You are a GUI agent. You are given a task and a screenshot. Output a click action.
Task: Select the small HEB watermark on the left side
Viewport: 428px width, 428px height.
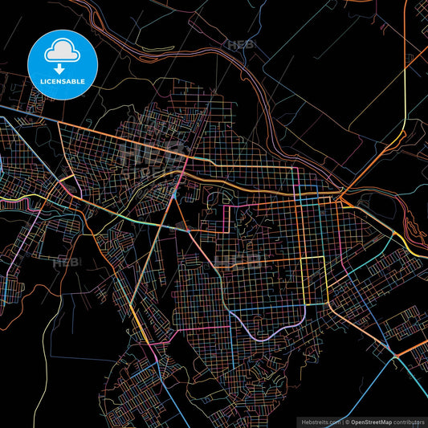tap(66, 263)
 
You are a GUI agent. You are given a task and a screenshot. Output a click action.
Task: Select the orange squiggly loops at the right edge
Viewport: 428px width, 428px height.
tap(416, 233)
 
